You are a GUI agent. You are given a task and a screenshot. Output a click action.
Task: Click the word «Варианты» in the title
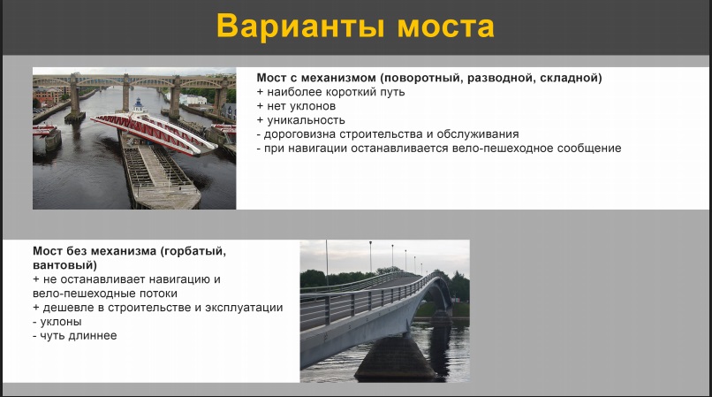coord(300,26)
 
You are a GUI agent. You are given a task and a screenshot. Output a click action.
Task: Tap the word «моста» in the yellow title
coord(446,27)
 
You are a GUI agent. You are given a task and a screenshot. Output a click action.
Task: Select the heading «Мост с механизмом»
coord(316,78)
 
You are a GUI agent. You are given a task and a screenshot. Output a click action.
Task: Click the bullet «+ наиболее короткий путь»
coord(330,92)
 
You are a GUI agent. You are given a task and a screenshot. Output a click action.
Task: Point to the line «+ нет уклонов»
coord(296,106)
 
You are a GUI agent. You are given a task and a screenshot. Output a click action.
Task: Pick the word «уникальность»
coord(306,120)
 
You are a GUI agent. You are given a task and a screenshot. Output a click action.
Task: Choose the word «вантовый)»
coord(65,265)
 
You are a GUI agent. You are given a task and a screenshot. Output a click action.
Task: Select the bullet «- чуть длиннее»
coord(75,336)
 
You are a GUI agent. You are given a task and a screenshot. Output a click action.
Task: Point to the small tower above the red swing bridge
coord(139,105)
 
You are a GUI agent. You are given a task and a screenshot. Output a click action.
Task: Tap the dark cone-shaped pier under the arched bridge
coord(394,357)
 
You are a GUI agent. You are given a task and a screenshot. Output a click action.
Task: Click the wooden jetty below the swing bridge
coord(159,175)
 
